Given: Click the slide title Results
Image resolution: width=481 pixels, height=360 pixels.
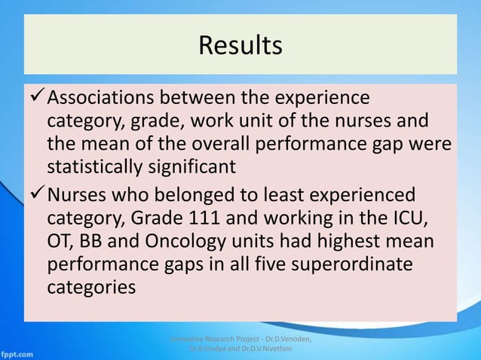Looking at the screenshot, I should tap(240, 45).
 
